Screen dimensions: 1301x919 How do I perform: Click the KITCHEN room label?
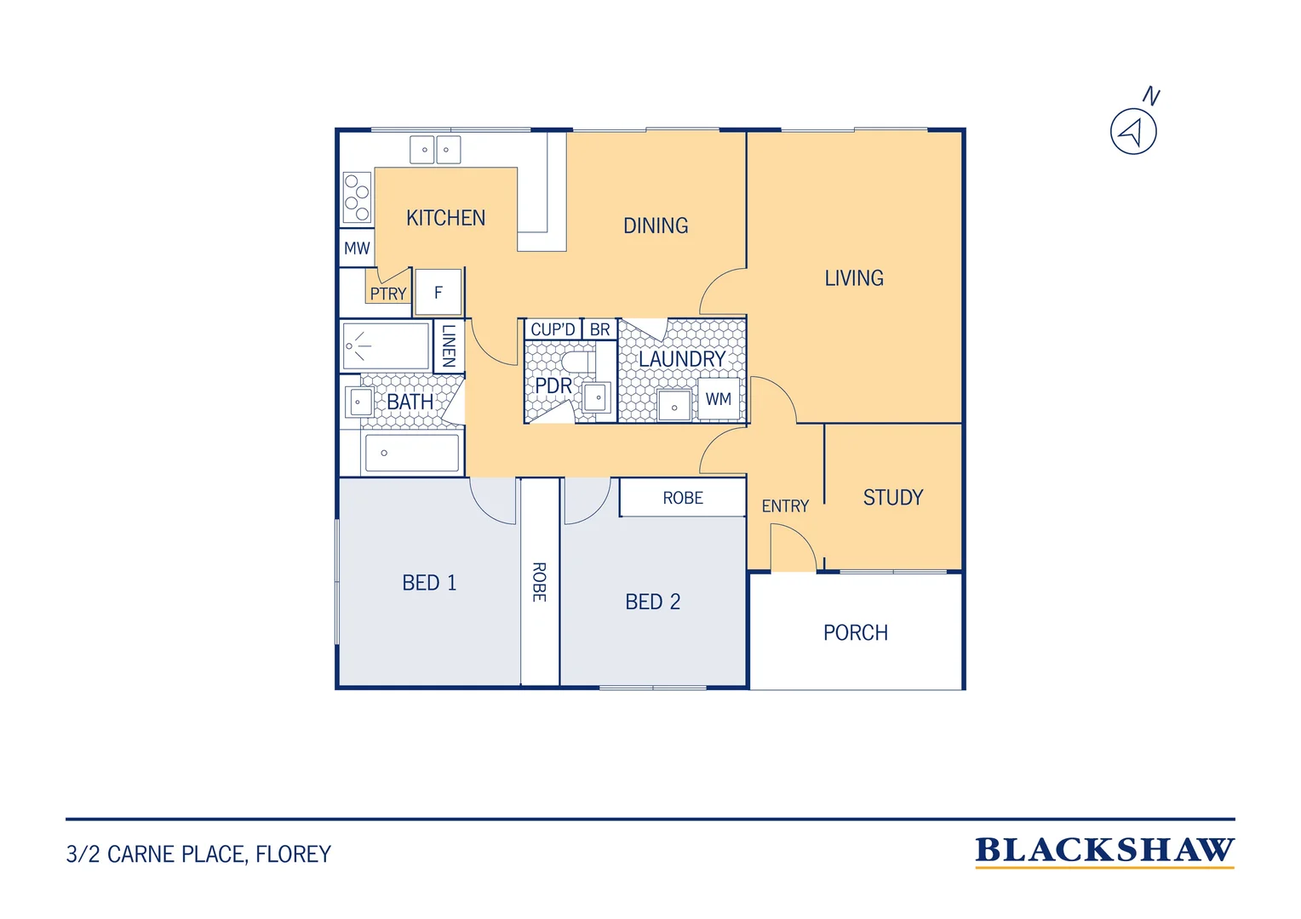coord(445,219)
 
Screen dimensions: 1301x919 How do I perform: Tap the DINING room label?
coord(656,225)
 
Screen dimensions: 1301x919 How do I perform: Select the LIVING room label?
coord(854,278)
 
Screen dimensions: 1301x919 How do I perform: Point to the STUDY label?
coord(892,498)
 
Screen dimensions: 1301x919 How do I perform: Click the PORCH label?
coord(856,633)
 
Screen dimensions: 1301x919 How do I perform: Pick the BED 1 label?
coord(429,583)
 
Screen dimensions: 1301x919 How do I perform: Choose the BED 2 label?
coord(652,602)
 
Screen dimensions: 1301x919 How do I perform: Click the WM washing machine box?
coord(719,399)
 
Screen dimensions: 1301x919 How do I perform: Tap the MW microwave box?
coord(357,248)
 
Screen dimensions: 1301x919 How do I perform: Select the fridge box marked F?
coord(438,292)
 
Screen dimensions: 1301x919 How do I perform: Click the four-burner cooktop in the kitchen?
coord(357,198)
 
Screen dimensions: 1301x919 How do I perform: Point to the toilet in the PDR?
coord(578,362)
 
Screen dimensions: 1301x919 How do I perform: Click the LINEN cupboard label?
coord(449,346)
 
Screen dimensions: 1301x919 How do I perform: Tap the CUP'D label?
coord(553,330)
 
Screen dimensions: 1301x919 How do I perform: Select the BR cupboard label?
coord(600,330)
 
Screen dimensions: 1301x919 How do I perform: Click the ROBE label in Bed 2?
coord(683,498)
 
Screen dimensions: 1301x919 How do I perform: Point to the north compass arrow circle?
coord(1133,132)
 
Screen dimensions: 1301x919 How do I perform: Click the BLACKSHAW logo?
coord(1104,852)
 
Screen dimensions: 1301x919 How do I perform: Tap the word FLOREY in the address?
coord(293,854)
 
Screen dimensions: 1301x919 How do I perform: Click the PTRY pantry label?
coord(388,294)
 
